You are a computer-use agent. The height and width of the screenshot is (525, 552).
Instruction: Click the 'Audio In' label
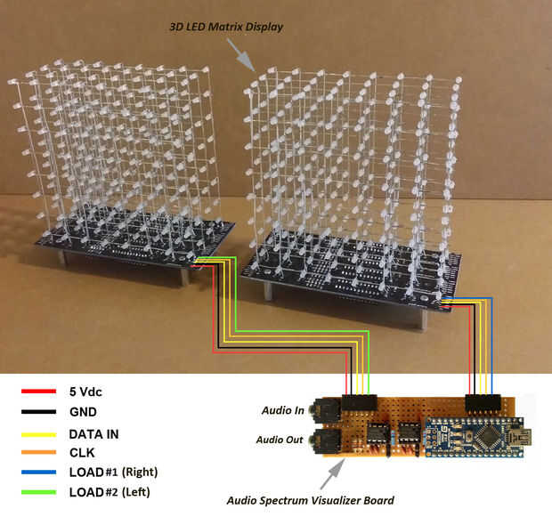click(x=282, y=410)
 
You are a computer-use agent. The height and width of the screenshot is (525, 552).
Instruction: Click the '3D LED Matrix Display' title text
click(x=226, y=27)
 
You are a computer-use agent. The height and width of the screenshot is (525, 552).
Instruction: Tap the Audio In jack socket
click(x=322, y=411)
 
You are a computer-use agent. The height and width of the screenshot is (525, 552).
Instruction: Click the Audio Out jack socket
click(x=322, y=440)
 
